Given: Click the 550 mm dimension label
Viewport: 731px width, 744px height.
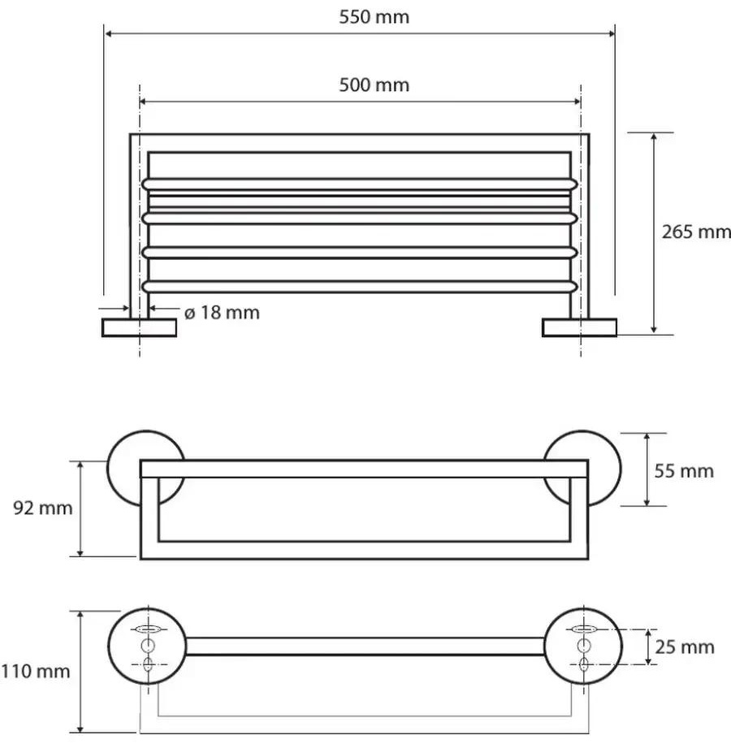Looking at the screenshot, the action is point(374,17).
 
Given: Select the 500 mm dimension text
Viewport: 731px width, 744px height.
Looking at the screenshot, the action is point(374,85).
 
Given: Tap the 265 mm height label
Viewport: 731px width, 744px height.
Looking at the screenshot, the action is point(696,232).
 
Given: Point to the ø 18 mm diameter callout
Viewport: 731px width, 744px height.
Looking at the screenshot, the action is point(222,313).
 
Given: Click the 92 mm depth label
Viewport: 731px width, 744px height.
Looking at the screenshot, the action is point(43,508).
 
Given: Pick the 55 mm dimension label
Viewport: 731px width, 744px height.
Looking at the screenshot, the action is point(684,471).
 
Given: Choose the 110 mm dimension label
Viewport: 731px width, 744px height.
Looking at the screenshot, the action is point(35,672).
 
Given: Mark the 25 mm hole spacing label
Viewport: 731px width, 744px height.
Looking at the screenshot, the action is point(685,647).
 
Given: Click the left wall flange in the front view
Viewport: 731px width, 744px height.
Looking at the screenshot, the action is point(140,328).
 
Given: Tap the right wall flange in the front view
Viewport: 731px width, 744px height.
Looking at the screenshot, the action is point(580,328).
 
